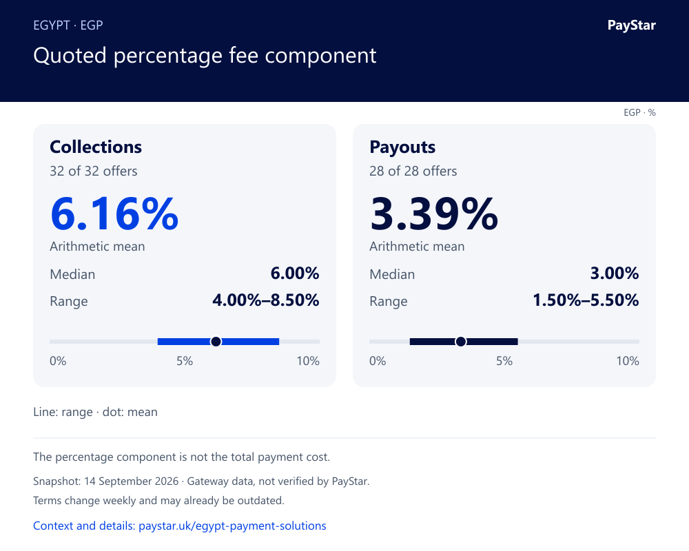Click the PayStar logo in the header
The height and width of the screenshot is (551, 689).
click(x=631, y=25)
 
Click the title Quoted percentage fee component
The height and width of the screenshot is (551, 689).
click(x=205, y=56)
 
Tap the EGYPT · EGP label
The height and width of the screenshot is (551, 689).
click(x=68, y=25)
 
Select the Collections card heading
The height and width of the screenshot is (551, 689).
click(x=96, y=147)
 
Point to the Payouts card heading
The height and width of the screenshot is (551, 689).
click(x=402, y=147)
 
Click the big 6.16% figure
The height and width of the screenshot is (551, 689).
click(x=114, y=214)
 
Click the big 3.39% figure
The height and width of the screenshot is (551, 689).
click(x=434, y=214)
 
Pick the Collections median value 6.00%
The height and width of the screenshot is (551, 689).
click(x=295, y=273)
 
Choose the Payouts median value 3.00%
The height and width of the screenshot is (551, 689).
click(x=615, y=273)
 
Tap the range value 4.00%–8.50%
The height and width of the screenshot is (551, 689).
click(x=266, y=300)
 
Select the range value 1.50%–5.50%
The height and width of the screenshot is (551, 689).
click(x=586, y=300)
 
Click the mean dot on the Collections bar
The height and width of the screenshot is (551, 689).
click(x=216, y=342)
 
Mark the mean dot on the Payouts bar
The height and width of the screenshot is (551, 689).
click(x=460, y=342)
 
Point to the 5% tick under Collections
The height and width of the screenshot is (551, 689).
click(x=185, y=361)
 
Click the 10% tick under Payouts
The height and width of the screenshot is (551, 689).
click(x=628, y=361)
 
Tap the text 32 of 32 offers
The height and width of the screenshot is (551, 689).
click(x=94, y=171)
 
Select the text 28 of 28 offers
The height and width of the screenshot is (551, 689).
click(x=413, y=171)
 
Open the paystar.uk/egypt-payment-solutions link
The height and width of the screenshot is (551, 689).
click(x=232, y=526)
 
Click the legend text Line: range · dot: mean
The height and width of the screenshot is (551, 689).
click(x=95, y=412)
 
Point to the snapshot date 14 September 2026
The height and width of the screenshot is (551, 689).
click(x=132, y=481)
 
